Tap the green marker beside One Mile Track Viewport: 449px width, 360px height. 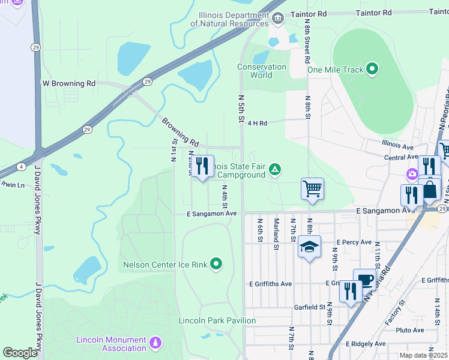(x=372, y=70)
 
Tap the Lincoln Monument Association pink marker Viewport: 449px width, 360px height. (x=156, y=343)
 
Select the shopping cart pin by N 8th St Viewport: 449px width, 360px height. (x=312, y=189)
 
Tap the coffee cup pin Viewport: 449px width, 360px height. (x=364, y=279)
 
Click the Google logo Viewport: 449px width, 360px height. (x=20, y=352)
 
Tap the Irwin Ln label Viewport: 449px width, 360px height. (x=12, y=185)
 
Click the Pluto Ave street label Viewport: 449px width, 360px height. (x=410, y=330)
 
